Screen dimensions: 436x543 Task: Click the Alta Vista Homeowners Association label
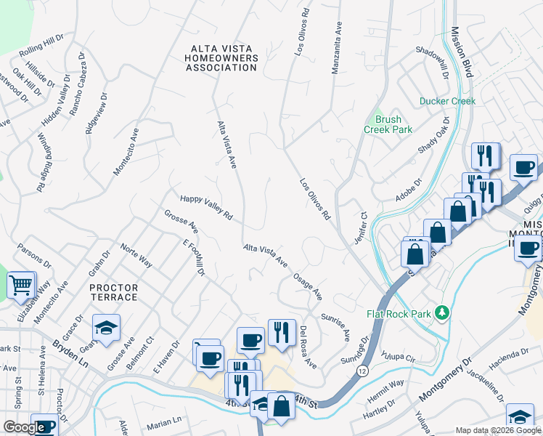point(223,58)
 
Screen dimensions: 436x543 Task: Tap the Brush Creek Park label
point(388,124)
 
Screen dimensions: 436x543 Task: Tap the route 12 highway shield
point(362,371)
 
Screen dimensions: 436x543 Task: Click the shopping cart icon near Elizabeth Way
point(22,284)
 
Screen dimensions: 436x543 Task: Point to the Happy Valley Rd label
point(205,206)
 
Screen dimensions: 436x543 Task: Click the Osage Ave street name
point(308,287)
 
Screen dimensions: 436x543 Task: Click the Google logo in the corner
point(24,427)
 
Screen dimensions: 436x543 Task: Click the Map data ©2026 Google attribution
point(497,430)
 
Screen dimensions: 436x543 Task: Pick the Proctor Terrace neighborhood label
point(113,292)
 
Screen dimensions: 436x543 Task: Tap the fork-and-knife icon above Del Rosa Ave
point(280,331)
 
